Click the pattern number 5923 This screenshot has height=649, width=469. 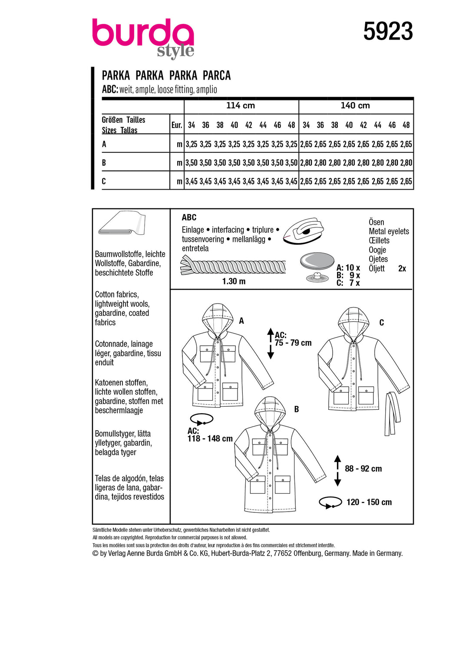[x=388, y=32]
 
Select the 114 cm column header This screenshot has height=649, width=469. [x=240, y=106]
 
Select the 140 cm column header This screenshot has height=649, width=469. [x=355, y=106]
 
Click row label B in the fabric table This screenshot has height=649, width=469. [x=104, y=163]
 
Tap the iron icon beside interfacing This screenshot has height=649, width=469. [x=304, y=231]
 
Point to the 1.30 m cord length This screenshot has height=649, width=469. [x=234, y=281]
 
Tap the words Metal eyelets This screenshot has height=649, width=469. [x=389, y=231]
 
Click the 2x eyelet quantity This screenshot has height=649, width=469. [x=402, y=269]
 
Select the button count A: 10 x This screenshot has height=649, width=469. [x=348, y=268]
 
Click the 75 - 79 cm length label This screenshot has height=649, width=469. [x=293, y=343]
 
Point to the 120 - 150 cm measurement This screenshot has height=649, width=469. [x=369, y=502]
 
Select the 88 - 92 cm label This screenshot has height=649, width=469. [x=363, y=469]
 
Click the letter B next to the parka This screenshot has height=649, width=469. [x=296, y=409]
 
